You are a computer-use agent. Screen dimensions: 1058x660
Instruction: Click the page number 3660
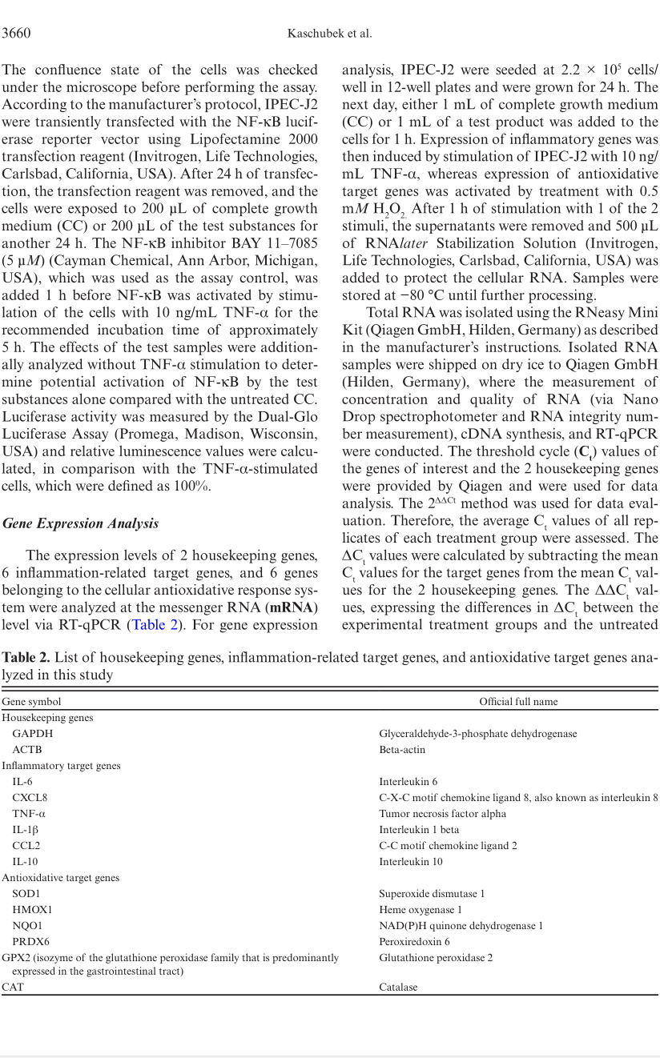click(16, 33)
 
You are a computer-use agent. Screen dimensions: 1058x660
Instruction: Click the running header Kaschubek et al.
click(329, 33)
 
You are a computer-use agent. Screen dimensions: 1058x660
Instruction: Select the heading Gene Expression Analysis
click(80, 523)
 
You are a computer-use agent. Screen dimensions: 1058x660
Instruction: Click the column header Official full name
click(518, 701)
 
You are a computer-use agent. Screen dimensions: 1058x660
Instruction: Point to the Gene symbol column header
click(31, 701)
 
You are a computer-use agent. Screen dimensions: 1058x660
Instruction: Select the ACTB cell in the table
click(27, 749)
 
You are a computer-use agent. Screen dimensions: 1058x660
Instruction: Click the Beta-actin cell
click(402, 749)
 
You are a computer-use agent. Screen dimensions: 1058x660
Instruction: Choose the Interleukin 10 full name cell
click(410, 861)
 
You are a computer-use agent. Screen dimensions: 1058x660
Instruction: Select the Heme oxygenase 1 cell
click(420, 909)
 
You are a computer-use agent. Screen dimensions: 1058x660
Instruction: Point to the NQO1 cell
click(27, 925)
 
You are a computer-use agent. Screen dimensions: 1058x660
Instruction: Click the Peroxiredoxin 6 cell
click(414, 941)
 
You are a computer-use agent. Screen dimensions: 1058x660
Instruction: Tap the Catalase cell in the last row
click(398, 987)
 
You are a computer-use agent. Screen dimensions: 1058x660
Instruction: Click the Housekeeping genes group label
click(47, 717)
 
